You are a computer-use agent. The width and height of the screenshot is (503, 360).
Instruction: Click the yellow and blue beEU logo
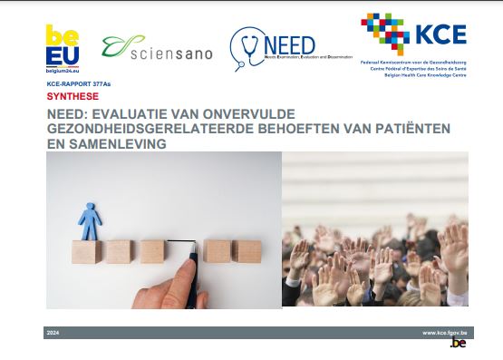[62, 44]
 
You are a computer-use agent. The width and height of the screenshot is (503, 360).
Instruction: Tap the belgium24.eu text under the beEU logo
[62, 68]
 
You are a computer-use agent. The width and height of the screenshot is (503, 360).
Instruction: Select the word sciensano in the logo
[171, 54]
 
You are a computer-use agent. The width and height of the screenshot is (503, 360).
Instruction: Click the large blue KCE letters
[440, 34]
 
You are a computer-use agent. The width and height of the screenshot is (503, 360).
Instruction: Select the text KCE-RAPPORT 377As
[81, 83]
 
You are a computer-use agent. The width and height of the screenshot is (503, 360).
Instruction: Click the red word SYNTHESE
[72, 95]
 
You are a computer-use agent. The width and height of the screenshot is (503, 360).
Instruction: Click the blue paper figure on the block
[90, 219]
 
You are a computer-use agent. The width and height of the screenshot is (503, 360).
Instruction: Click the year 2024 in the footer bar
[53, 334]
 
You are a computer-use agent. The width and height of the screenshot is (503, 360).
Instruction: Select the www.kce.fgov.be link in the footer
[444, 334]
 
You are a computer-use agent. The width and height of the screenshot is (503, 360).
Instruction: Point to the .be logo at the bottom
[459, 343]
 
